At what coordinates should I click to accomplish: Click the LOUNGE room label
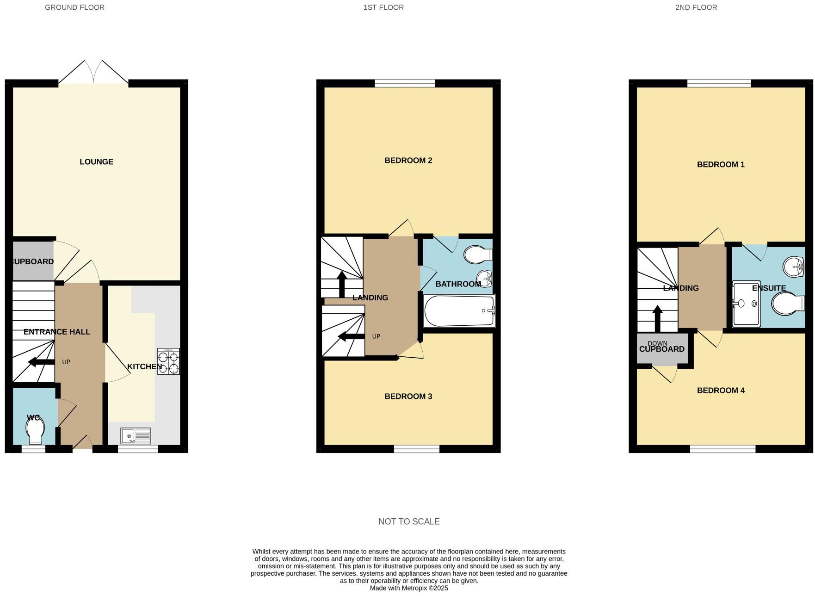click(96, 161)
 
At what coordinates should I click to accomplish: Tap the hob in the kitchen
click(168, 361)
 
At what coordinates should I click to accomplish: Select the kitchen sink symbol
click(136, 436)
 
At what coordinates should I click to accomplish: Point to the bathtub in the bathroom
click(459, 311)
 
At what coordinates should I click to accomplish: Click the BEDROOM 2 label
click(408, 161)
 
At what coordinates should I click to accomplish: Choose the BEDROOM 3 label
click(408, 396)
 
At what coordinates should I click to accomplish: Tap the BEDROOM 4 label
click(721, 390)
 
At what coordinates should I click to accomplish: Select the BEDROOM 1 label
click(721, 164)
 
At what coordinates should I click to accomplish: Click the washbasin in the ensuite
click(794, 267)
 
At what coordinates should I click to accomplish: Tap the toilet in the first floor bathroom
click(477, 255)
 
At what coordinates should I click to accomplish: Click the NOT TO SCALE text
click(409, 521)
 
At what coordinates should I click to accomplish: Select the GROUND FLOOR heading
click(74, 7)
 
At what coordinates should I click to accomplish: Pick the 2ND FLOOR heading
click(696, 7)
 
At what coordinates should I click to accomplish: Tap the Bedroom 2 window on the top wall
click(405, 83)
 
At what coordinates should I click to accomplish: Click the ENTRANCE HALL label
click(57, 332)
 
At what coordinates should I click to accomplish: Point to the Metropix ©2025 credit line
click(409, 588)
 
